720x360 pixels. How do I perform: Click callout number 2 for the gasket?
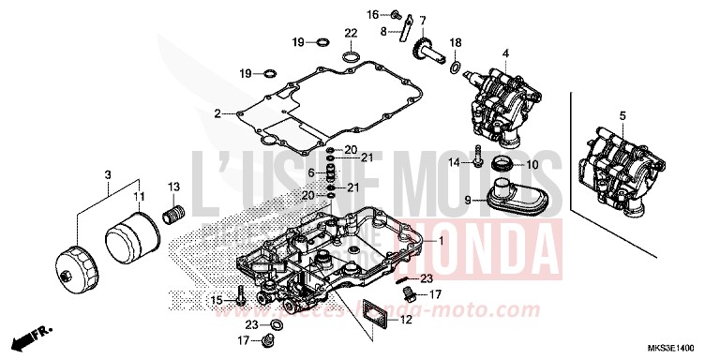(217, 113)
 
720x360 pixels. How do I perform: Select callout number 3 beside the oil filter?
(108, 175)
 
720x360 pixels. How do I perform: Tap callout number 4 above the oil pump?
(505, 54)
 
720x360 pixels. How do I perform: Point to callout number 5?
(621, 116)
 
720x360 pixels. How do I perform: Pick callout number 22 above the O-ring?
(350, 34)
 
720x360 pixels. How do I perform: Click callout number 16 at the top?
(397, 14)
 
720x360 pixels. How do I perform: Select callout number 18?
(456, 43)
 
